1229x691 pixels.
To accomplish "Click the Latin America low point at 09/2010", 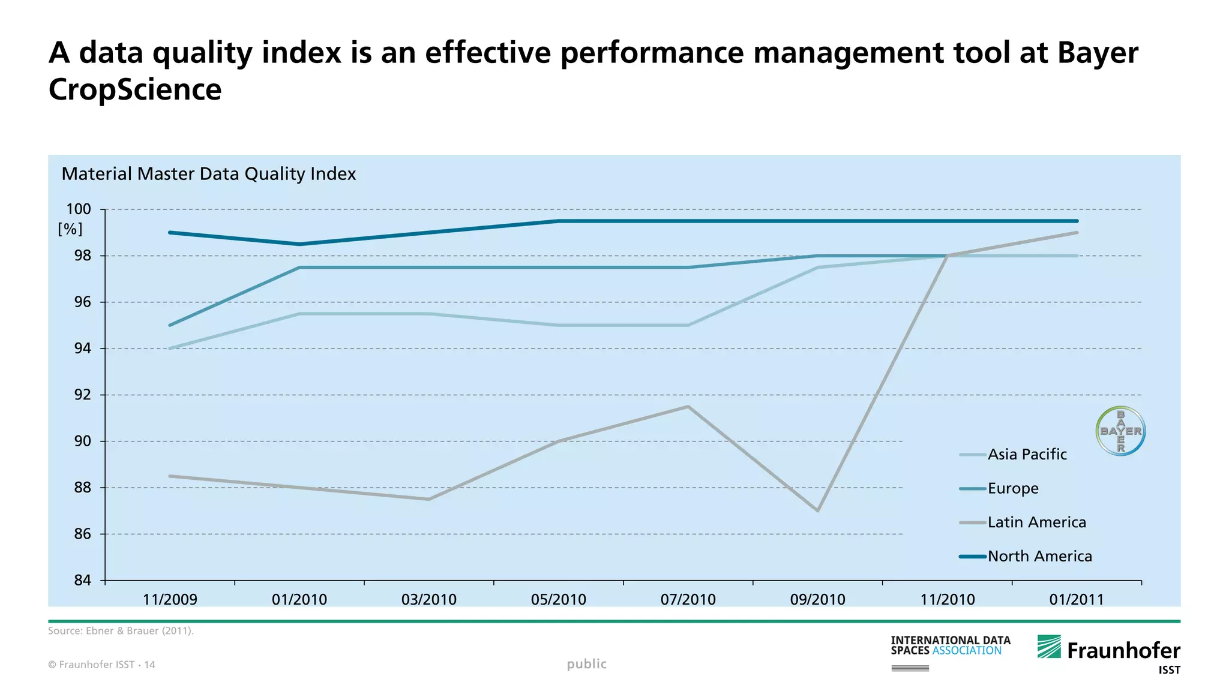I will click(818, 510).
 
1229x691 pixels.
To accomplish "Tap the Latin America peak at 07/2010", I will click(688, 407).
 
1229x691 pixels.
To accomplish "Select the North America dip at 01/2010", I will click(299, 244).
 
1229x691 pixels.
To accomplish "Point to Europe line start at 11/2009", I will click(170, 325).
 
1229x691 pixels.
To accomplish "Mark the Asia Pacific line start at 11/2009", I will click(170, 348).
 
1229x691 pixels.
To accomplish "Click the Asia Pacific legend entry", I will click(1027, 455).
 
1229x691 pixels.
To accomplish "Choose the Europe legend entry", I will click(1012, 488).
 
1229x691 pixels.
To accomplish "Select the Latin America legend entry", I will click(1036, 522).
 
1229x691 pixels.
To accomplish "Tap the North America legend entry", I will click(1039, 557).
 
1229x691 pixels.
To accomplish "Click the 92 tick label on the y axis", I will click(82, 395).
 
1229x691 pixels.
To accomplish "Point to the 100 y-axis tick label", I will click(79, 209).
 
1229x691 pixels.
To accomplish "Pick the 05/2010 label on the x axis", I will click(558, 599).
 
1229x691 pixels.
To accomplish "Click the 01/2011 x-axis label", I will click(1077, 599).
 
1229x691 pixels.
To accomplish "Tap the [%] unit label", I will click(70, 229).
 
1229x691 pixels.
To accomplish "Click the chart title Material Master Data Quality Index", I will click(208, 174).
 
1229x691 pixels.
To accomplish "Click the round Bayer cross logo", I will click(1120, 431).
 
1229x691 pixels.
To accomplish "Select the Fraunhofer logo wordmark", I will click(1123, 651).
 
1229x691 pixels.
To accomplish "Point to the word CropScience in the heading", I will click(135, 90).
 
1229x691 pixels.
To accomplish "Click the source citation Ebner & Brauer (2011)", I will click(121, 631).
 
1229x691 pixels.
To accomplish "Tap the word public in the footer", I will click(586, 664).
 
